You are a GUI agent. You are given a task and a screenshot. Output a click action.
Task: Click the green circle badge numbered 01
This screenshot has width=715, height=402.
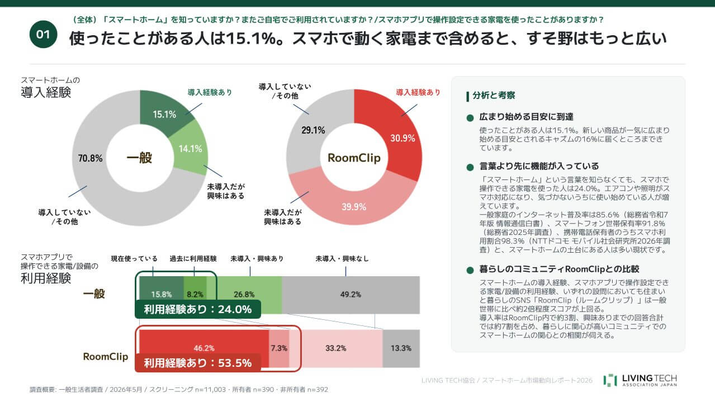tap(43, 34)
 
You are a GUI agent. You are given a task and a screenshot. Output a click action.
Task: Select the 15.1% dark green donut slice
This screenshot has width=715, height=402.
tap(163, 112)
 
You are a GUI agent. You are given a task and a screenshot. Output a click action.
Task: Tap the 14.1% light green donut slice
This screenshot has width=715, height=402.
tap(190, 148)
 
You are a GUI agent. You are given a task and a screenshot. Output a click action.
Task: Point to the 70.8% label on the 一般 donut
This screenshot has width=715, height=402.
tap(91, 158)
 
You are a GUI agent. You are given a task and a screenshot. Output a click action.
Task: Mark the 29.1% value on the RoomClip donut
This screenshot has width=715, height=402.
tap(313, 130)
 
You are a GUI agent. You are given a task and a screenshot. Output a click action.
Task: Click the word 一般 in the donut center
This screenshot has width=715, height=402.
tap(139, 158)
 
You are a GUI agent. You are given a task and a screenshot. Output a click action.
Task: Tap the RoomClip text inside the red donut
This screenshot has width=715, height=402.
tap(354, 158)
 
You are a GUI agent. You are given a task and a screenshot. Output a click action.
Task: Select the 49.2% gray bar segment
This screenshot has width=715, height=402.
tap(351, 295)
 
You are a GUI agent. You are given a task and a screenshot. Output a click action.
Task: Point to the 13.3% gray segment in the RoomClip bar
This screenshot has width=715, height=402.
tap(401, 348)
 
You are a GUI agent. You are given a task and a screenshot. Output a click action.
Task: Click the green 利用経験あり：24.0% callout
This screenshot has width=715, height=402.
tap(198, 309)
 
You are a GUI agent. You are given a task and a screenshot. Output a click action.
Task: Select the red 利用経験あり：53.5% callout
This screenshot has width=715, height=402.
tap(198, 363)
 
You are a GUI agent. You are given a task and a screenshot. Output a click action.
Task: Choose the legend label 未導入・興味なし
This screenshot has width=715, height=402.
tap(342, 259)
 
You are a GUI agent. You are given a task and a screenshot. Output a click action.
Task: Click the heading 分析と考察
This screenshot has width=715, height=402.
tap(494, 95)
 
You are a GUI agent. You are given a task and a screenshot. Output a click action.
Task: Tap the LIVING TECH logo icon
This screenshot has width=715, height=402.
tap(610, 380)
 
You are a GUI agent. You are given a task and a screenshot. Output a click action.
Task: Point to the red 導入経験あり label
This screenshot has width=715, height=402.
tap(418, 92)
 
